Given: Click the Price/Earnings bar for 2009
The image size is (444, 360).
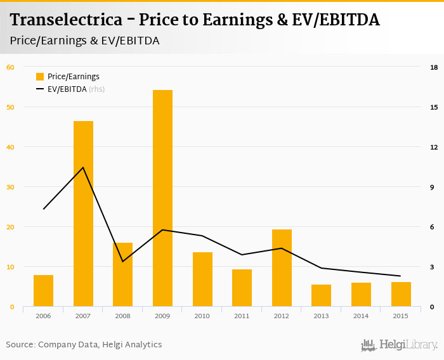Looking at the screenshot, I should click(162, 198).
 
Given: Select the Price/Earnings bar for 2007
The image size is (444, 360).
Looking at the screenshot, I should click(83, 214).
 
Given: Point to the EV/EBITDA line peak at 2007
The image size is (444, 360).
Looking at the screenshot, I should click(83, 167).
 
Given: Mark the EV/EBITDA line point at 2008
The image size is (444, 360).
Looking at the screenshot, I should click(122, 261).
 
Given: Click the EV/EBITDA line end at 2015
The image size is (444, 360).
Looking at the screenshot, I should click(400, 276).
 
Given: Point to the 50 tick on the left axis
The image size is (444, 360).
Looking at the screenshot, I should click(10, 106).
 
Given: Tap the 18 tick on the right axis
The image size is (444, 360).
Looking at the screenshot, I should click(434, 67).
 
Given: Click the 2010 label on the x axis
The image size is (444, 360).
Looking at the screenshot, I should click(202, 316).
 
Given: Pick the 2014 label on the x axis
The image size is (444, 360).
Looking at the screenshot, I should click(361, 316).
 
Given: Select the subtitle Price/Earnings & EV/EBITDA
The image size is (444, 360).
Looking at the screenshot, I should click(84, 41).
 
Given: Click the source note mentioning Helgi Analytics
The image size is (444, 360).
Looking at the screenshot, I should click(84, 345).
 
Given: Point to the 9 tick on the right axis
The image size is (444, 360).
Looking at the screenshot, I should click(434, 187).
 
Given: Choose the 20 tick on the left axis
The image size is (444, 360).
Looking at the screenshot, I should click(10, 227).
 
